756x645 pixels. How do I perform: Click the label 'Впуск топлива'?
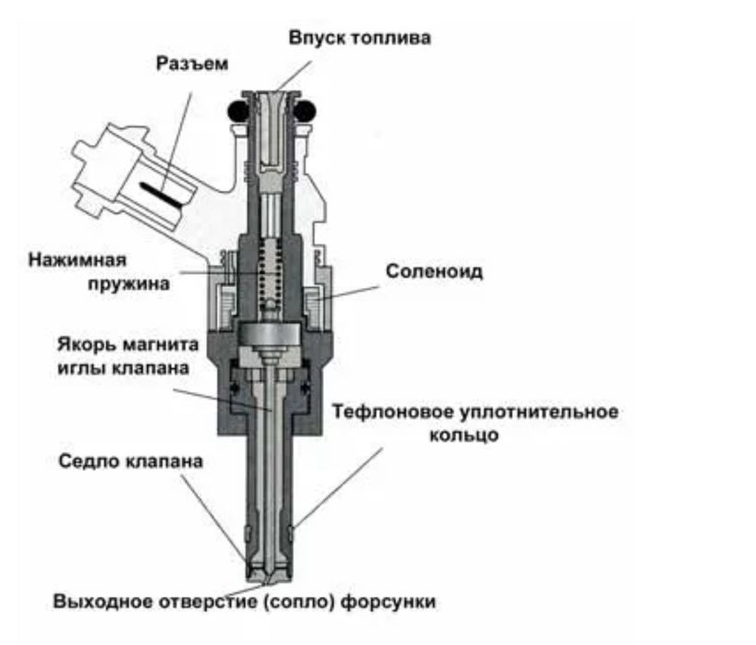click(x=359, y=39)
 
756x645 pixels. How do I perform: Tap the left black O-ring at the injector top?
click(x=235, y=111)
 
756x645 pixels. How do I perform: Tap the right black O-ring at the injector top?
click(x=304, y=111)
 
